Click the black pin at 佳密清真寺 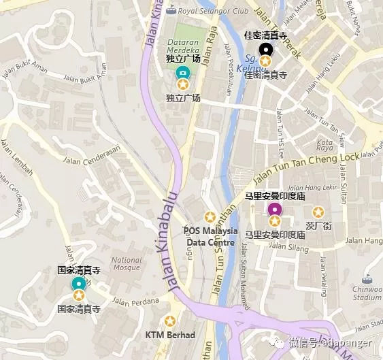(x=265, y=49)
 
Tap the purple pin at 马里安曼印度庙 (x=274, y=209)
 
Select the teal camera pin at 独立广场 (x=182, y=72)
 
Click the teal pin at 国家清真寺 (x=79, y=283)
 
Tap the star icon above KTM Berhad (x=170, y=321)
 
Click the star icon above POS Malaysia (x=210, y=216)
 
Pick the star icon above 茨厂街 (x=318, y=212)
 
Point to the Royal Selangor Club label (x=212, y=10)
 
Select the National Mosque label (x=127, y=263)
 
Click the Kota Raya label (x=326, y=146)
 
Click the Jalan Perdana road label (x=135, y=301)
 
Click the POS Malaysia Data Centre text (x=210, y=236)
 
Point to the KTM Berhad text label (x=170, y=335)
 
